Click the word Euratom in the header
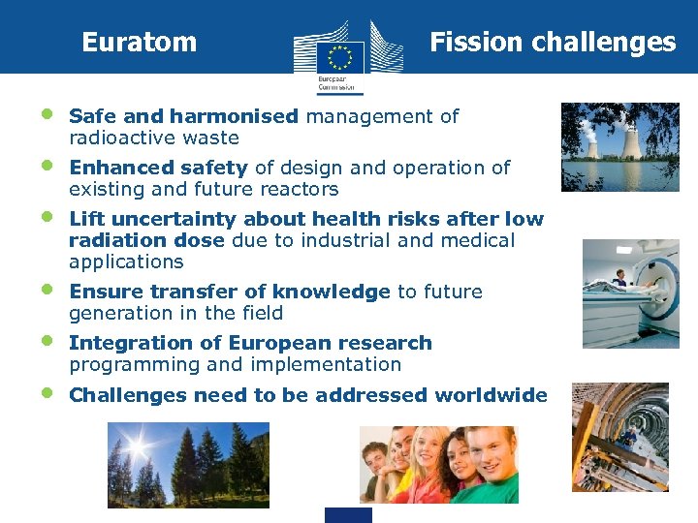tap(139, 43)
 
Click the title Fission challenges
tap(552, 43)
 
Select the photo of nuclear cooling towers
tap(619, 147)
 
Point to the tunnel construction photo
tap(619, 437)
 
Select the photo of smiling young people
tap(438, 464)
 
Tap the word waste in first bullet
tap(214, 138)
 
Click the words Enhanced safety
tap(158, 169)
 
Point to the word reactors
tap(301, 190)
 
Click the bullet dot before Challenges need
tap(48, 392)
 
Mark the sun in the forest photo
tap(133, 445)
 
